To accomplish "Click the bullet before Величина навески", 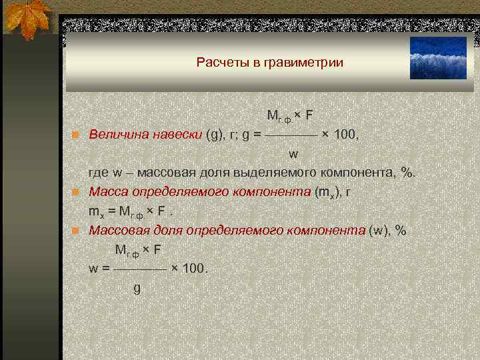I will point(77,135).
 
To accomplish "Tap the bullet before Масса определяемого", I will point(77,193).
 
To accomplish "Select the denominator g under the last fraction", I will point(137,289).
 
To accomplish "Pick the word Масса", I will point(108,192).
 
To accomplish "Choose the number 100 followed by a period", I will point(195,269).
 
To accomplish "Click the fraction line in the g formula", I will point(291,135).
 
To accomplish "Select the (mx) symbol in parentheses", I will point(327,193).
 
